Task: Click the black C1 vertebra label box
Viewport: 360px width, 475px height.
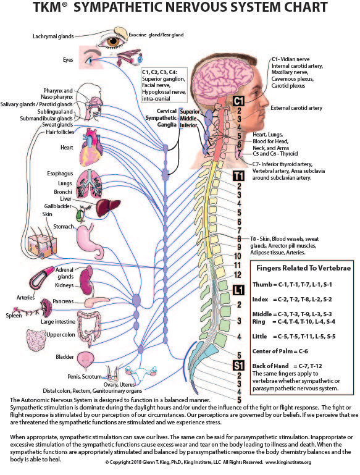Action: [238, 101]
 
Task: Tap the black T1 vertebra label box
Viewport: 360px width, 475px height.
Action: [238, 175]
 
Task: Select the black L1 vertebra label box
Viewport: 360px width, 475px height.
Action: [238, 290]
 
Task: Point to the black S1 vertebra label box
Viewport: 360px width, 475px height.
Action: [238, 365]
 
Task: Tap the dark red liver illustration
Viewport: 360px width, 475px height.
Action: [108, 208]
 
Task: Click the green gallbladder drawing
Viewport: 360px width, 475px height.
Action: [79, 215]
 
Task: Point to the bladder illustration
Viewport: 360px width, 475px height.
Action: [84, 360]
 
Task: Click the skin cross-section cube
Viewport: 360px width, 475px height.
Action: [42, 246]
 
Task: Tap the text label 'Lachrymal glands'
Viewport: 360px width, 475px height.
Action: [53, 36]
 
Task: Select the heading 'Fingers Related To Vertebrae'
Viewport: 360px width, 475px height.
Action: [303, 268]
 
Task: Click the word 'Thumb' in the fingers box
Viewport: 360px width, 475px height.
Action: [262, 285]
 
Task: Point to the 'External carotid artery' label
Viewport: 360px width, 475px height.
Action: [296, 108]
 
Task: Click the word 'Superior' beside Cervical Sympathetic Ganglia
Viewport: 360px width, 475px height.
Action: [190, 111]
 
